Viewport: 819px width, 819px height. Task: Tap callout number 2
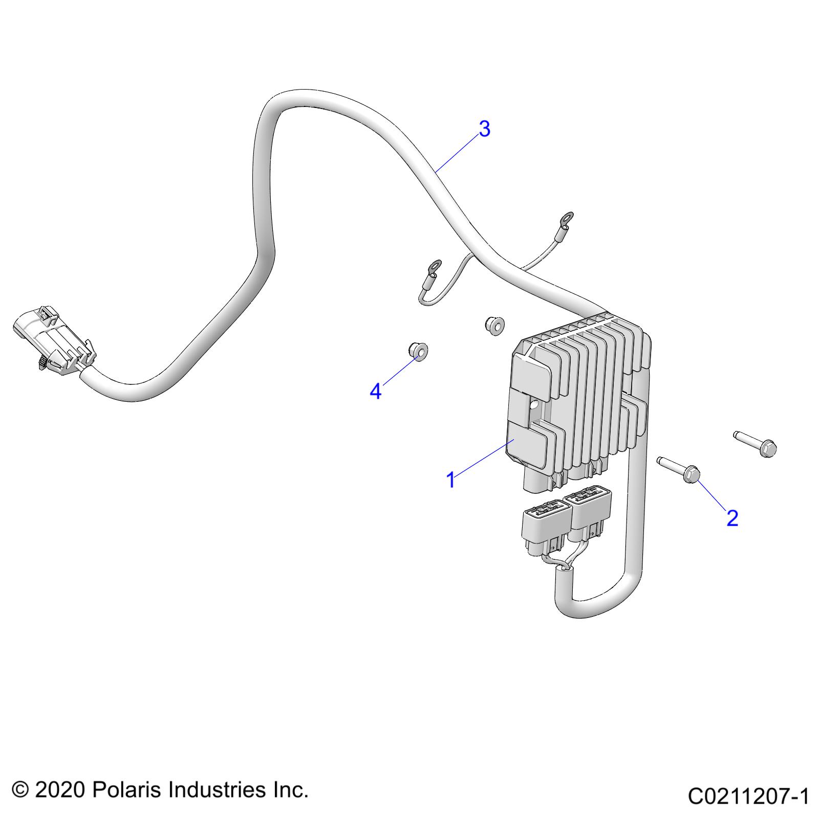(x=732, y=518)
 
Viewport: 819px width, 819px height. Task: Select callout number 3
(x=484, y=129)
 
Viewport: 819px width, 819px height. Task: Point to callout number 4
(x=376, y=392)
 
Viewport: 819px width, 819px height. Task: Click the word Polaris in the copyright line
(x=127, y=789)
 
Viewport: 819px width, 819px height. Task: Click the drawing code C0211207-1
(x=748, y=796)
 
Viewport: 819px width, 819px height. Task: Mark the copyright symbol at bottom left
(x=19, y=790)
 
